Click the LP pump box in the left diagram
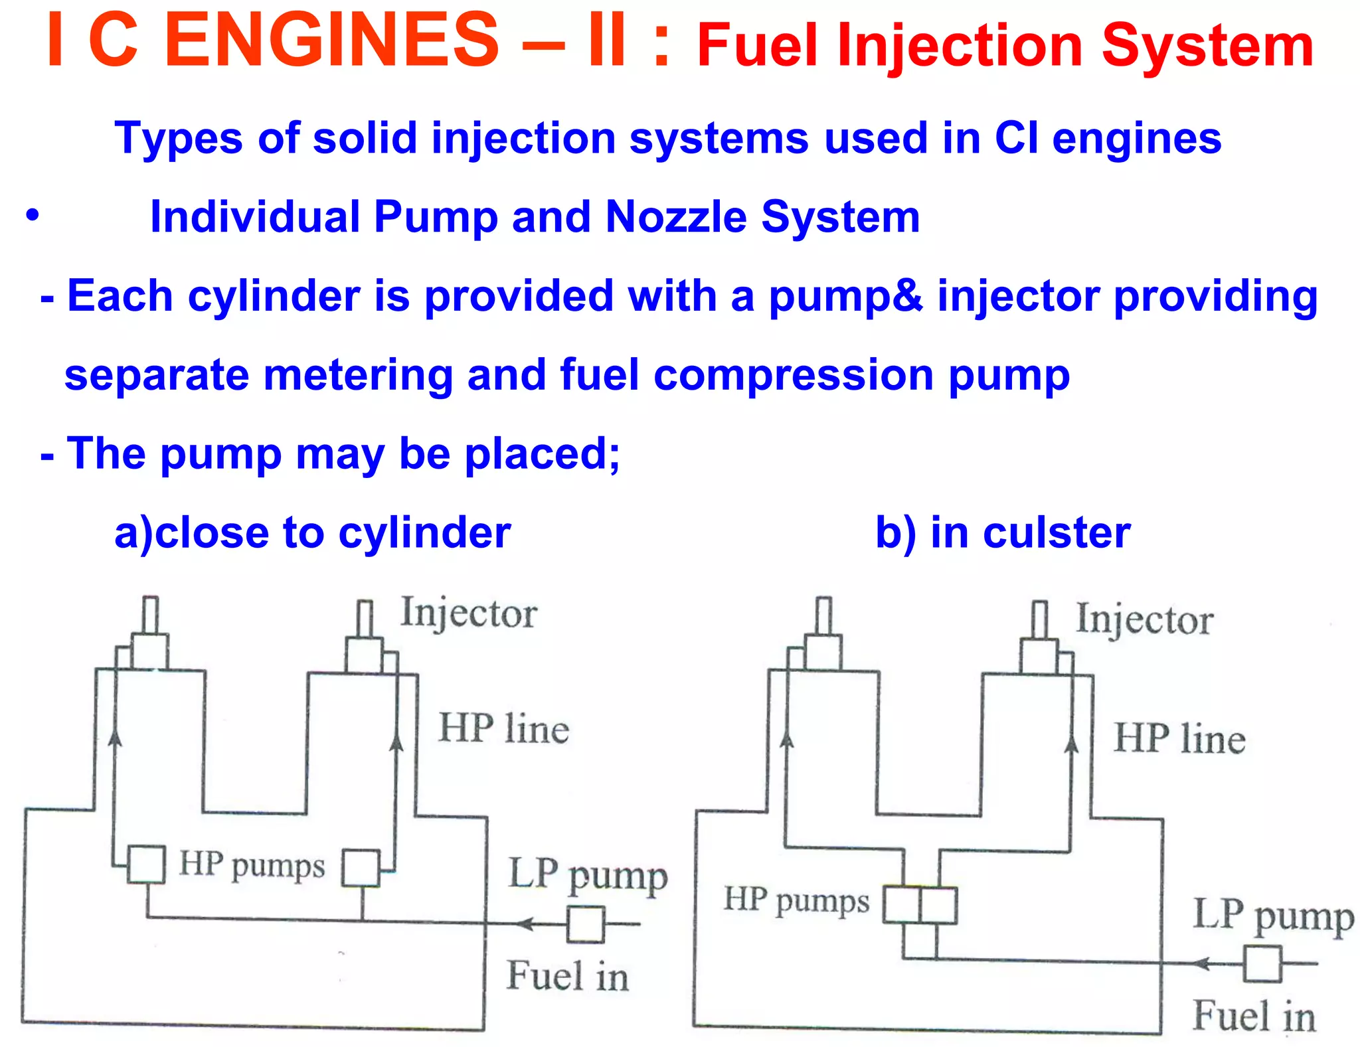pos(585,924)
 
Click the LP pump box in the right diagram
pos(1262,963)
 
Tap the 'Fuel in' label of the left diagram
pos(568,976)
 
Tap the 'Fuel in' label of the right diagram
pos(1254,1016)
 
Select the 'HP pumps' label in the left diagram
pos(252,865)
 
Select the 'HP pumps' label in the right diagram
pos(796,900)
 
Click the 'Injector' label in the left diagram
pos(469,612)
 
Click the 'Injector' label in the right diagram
pos(1144,619)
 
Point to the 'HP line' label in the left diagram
pos(504,728)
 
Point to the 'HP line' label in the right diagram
pos(1179,738)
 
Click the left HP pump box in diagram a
pos(146,864)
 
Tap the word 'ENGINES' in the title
pos(331,41)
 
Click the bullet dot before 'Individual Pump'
pos(33,216)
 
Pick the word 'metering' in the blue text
pos(358,375)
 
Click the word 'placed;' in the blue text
pos(542,454)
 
